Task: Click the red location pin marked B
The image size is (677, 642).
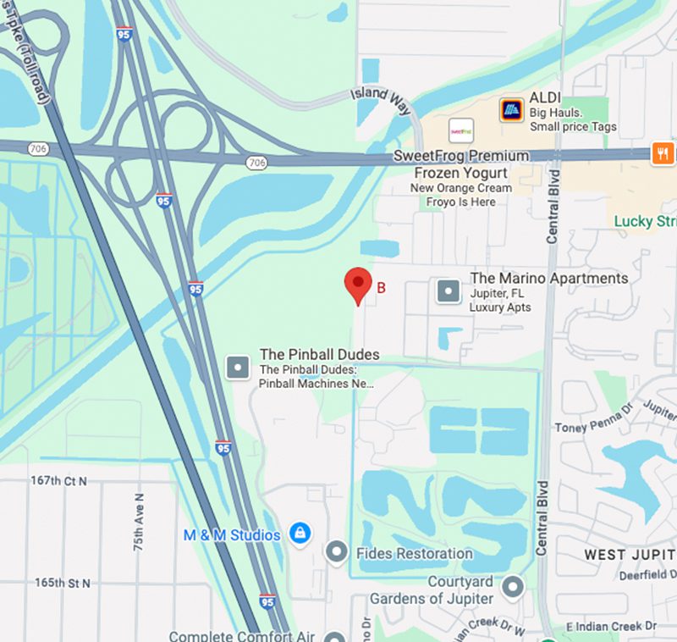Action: coord(358,285)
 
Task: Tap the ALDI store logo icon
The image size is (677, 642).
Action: coord(511,109)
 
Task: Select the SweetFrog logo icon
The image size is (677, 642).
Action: coord(461,130)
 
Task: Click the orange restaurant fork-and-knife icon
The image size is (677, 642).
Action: coord(663,154)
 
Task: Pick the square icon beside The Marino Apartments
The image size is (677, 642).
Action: coord(448,291)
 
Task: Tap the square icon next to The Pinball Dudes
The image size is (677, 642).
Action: coord(238,368)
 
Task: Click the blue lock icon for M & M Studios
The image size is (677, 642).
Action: coord(298,534)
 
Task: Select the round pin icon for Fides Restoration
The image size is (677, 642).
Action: coord(337,552)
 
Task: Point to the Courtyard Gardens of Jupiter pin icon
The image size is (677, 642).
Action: coord(512,586)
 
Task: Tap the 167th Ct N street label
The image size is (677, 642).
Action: coord(59,481)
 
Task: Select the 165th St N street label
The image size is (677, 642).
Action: coord(62,584)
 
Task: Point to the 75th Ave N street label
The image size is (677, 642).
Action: coord(140,522)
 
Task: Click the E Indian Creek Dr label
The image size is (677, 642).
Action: coord(611,626)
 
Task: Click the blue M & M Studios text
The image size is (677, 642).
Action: coord(232,535)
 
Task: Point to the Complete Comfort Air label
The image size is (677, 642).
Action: coord(242,636)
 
